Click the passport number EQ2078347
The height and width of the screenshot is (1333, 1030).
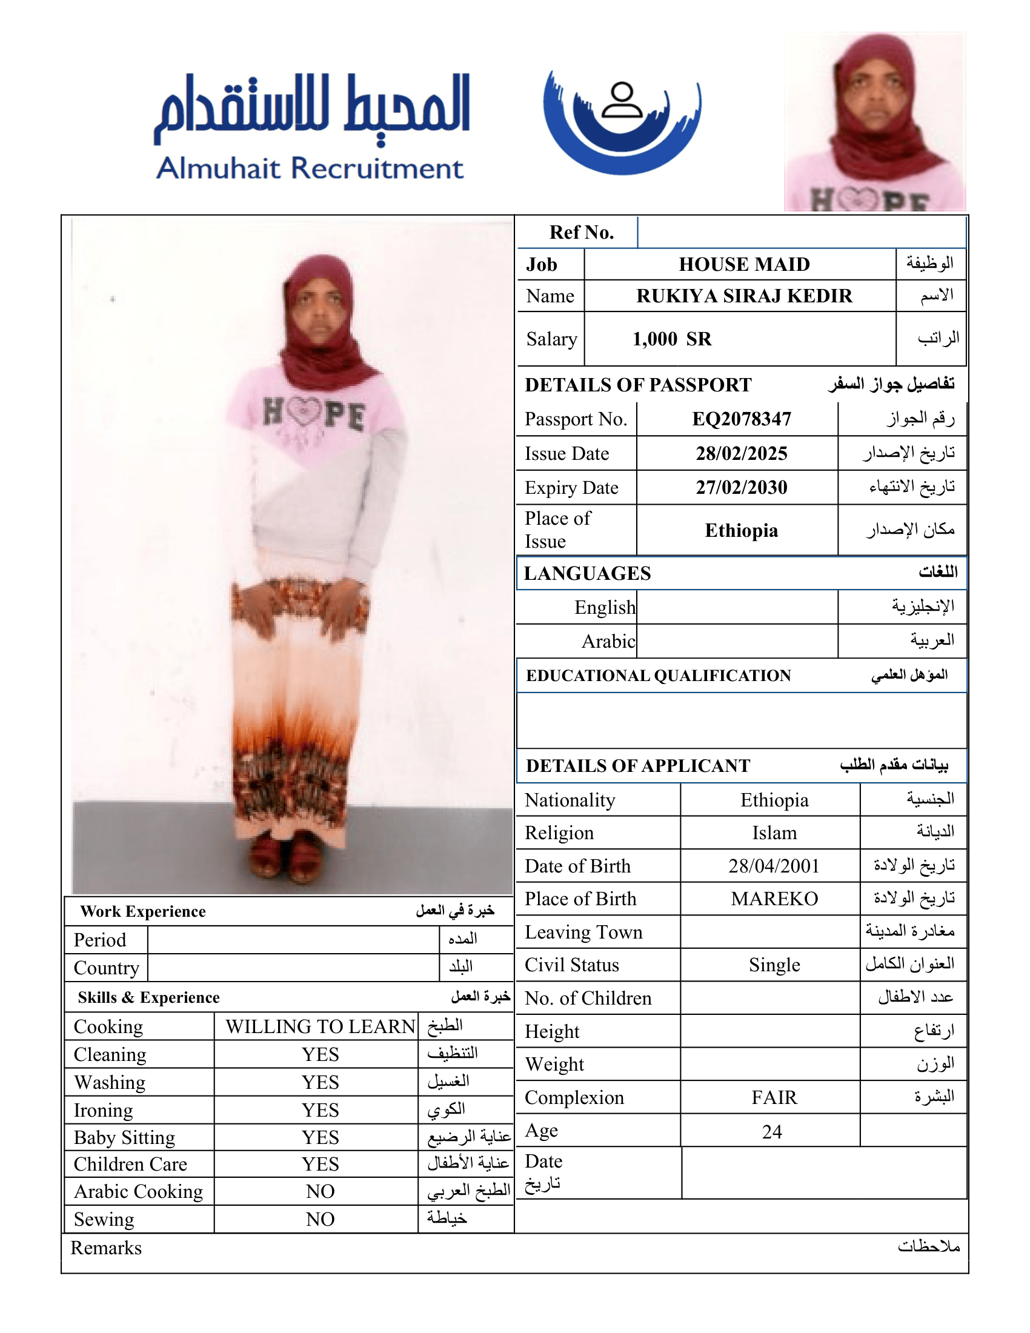click(x=742, y=419)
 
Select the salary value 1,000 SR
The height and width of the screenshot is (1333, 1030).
click(x=672, y=339)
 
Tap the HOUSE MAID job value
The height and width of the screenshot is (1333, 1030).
click(x=744, y=264)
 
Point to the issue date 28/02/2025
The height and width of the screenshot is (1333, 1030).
click(x=742, y=453)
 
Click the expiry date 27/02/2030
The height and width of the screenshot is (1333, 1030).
click(x=742, y=488)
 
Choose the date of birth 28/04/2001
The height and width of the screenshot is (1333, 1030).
click(x=773, y=866)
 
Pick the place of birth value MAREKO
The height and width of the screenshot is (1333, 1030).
click(x=774, y=899)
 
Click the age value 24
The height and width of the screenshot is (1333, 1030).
click(x=771, y=1132)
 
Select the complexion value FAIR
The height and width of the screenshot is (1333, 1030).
click(x=774, y=1098)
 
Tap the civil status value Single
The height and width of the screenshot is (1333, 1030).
click(x=774, y=965)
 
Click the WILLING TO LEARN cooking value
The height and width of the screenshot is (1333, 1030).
click(x=320, y=1026)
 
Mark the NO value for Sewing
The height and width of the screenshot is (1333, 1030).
click(x=320, y=1219)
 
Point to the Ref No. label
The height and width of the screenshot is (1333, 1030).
click(x=581, y=233)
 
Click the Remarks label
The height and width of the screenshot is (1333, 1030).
click(x=105, y=1248)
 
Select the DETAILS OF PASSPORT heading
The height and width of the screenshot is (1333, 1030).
click(x=637, y=385)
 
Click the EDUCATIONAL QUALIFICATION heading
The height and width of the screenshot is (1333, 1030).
click(x=658, y=676)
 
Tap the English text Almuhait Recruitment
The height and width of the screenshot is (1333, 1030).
click(x=310, y=168)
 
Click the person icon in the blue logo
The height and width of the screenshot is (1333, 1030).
click(x=622, y=101)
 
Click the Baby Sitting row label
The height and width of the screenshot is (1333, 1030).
click(x=124, y=1138)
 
